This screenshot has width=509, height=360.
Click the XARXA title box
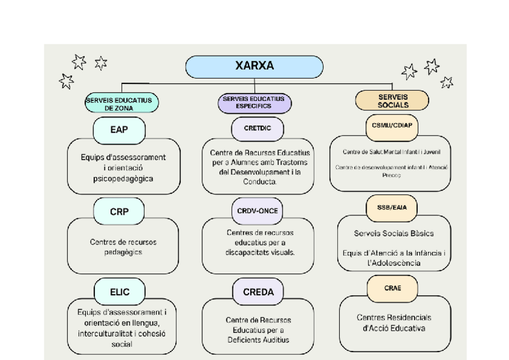(254, 67)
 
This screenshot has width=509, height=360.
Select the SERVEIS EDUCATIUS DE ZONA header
(121, 104)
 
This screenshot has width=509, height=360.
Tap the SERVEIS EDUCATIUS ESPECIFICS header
(254, 103)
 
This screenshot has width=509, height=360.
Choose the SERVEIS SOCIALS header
(392, 100)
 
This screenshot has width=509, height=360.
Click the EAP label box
(119, 128)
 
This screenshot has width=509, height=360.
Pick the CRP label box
(119, 211)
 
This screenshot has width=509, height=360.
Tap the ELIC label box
(119, 292)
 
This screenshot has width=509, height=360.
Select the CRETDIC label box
(257, 128)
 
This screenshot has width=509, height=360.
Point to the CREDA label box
(258, 292)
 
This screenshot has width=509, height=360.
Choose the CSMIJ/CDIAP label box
(391, 125)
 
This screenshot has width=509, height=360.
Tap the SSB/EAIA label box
(392, 208)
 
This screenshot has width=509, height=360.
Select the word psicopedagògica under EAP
(123, 179)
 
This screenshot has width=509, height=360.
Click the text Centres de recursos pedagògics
(123, 247)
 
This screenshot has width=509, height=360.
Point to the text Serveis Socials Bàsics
(394, 233)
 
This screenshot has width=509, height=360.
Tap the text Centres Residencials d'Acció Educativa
(394, 323)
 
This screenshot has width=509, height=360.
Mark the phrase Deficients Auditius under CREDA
(258, 340)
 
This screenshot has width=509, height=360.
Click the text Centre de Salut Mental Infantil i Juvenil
(391, 152)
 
